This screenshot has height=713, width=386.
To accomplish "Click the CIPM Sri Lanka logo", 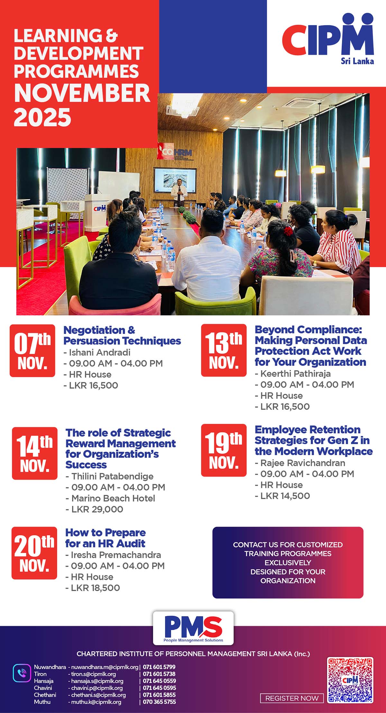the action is (x=328, y=39).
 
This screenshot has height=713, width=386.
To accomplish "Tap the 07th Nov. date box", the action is (x=32, y=350).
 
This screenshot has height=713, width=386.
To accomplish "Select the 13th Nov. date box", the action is (x=224, y=350).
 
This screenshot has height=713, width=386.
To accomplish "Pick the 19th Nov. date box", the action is (x=224, y=450).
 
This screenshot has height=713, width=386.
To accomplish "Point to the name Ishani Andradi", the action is (x=100, y=352).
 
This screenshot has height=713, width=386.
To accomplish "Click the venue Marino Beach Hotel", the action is (x=113, y=498).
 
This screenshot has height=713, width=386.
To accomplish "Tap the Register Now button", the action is (x=292, y=698).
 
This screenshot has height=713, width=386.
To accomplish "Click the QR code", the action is (x=350, y=680).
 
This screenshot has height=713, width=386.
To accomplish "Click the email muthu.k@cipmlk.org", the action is (x=96, y=702).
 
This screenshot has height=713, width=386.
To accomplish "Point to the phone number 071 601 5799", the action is (x=159, y=667).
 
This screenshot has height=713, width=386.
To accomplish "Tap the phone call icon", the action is (x=22, y=673).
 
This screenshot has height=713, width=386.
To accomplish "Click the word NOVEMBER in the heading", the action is (x=82, y=93).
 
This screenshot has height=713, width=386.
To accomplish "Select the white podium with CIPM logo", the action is (x=97, y=212).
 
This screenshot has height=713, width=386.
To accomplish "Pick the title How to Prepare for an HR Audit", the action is (x=106, y=538).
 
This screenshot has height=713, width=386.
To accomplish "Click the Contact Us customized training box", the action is (x=288, y=562).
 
